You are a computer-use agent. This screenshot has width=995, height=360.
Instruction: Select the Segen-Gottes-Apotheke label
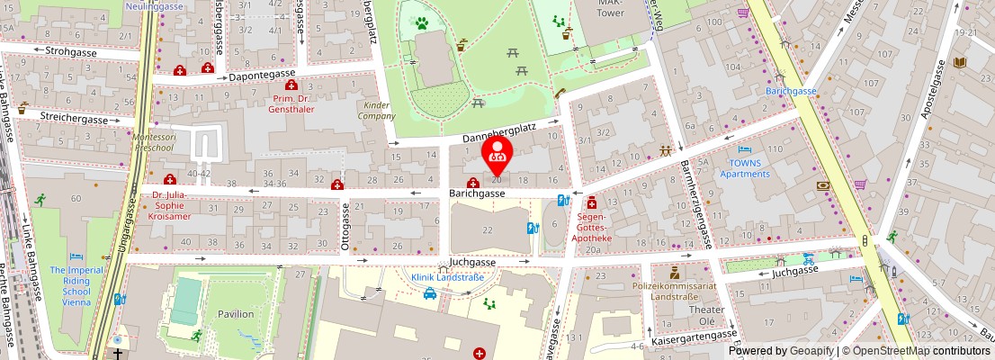pos(590,228)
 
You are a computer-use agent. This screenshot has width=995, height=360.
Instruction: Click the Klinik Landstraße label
pos(447,277)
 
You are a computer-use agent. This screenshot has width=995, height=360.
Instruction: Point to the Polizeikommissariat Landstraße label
pos(674,289)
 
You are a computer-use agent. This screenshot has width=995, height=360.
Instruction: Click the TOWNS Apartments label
pos(745,168)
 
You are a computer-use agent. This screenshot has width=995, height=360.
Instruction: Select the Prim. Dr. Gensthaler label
pos(291,103)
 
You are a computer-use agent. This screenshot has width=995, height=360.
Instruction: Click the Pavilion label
pos(235,314)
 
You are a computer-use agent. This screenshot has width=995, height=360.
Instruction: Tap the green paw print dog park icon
pos(421,21)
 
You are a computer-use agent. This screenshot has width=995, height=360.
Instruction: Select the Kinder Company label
pos(377,110)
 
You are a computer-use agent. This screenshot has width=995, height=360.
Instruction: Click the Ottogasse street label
pos(345,224)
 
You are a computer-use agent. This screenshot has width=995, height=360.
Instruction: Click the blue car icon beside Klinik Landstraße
pos(430,292)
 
